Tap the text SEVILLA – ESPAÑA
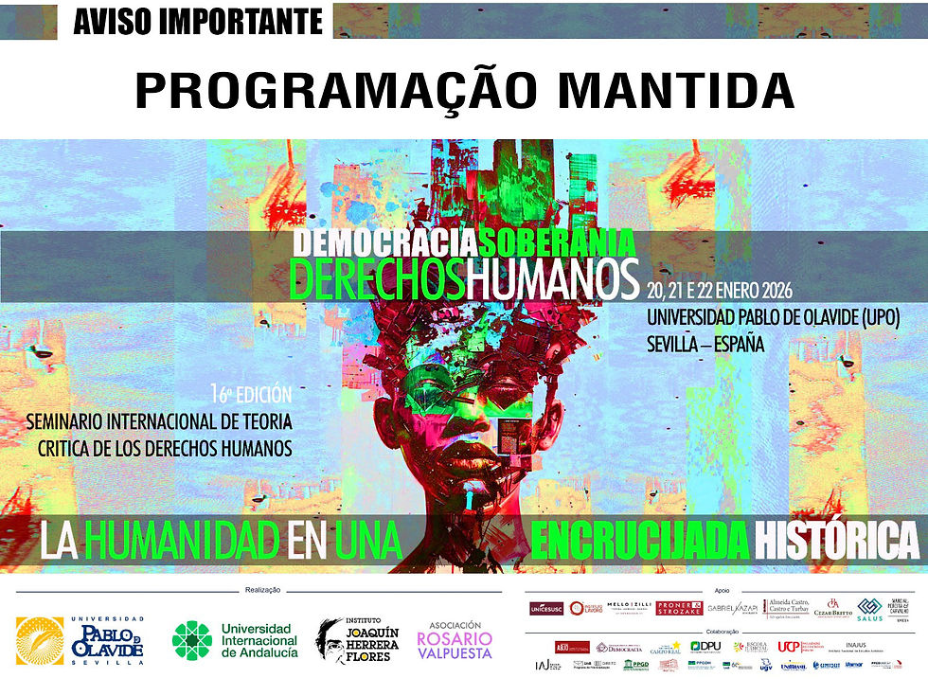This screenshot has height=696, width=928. (705, 345)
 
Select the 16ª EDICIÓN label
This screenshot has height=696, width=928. (251, 392)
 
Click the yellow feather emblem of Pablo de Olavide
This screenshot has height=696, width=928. (40, 641)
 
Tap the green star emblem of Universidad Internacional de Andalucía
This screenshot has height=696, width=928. (192, 641)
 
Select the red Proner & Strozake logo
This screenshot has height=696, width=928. (679, 608)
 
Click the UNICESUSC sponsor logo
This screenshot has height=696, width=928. (546, 608)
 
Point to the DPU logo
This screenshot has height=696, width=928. (705, 647)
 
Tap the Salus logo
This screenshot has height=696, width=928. (869, 607)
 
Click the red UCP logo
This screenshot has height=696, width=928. (789, 647)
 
